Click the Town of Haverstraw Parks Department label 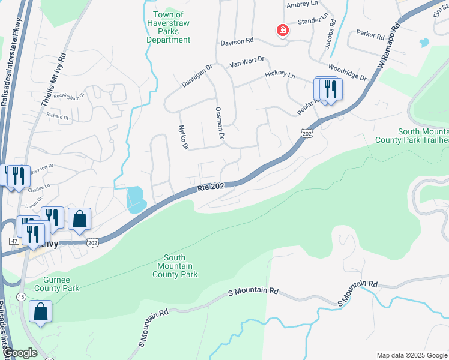pyautogui.click(x=169, y=27)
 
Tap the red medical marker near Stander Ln pyautogui.click(x=281, y=30)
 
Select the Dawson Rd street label pyautogui.click(x=237, y=43)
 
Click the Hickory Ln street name pyautogui.click(x=280, y=76)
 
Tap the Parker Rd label pyautogui.click(x=370, y=35)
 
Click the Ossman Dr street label pyautogui.click(x=219, y=124)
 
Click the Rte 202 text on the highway pyautogui.click(x=211, y=188)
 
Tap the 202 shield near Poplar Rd pyautogui.click(x=307, y=133)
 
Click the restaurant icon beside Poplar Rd pyautogui.click(x=330, y=89)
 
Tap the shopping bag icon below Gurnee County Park pyautogui.click(x=40, y=311)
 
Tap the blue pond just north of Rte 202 pyautogui.click(x=136, y=199)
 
